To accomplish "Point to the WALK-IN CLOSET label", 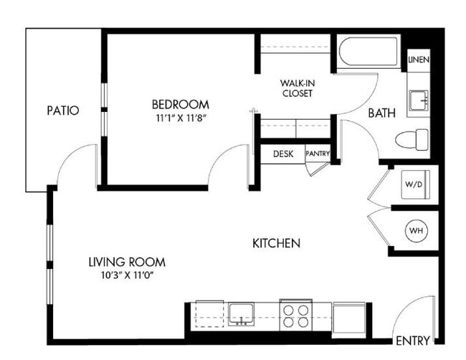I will [297, 88].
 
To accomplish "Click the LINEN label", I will [419, 60].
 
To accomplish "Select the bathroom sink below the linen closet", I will [418, 100].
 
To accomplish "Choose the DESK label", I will [283, 153].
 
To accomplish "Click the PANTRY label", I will [317, 153].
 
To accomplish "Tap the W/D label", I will [414, 184].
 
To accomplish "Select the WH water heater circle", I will [415, 231].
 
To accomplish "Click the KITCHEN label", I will [276, 244].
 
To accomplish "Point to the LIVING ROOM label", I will [128, 261].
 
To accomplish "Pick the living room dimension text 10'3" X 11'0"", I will [128, 275].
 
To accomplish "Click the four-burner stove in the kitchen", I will [296, 315].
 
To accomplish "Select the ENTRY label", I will [412, 340].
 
